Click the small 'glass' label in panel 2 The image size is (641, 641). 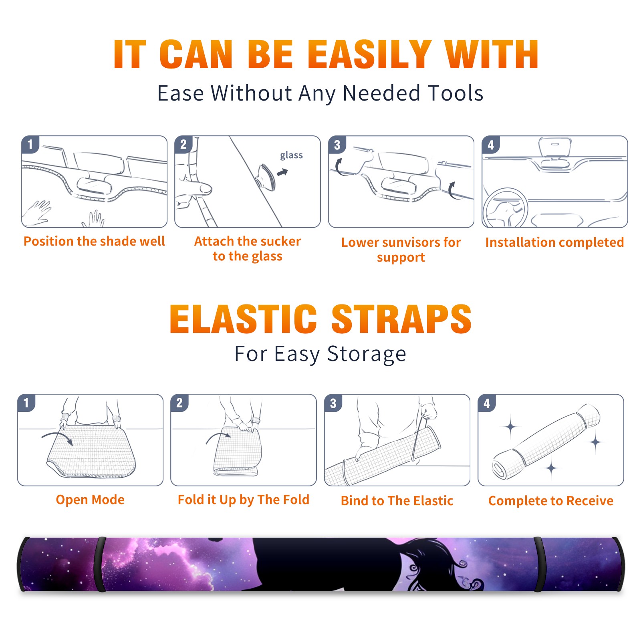[291, 155]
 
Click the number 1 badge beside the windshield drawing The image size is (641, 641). [30, 144]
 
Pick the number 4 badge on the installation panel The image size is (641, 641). [491, 145]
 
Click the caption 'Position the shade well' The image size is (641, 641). [94, 241]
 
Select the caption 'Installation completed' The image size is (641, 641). [554, 242]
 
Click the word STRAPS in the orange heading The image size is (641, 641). [401, 319]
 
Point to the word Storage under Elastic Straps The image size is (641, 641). [367, 354]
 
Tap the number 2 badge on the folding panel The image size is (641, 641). [179, 403]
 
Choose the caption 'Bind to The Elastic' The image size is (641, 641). [397, 501]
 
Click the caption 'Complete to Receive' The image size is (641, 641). [551, 501]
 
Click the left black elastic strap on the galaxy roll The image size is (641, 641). [100, 564]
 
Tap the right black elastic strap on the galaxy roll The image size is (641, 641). [539, 564]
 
